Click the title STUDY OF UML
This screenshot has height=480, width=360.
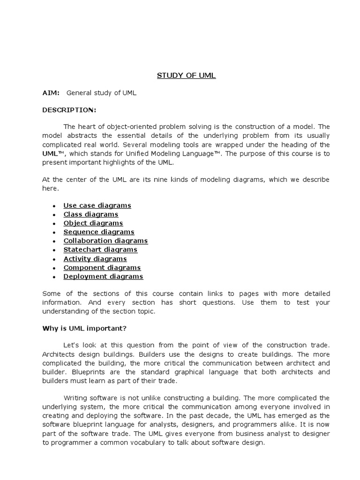[186, 76]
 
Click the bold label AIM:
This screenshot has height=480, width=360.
[51, 93]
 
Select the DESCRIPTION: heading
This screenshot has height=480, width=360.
[69, 110]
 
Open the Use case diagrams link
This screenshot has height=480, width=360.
[97, 205]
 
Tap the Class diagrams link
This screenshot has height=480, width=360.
[91, 214]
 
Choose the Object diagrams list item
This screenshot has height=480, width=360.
[93, 223]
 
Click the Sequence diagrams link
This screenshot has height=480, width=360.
[99, 232]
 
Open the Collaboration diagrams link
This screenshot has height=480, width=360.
[105, 241]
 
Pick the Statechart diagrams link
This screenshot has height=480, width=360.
[100, 250]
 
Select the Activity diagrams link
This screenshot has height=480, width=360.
[95, 259]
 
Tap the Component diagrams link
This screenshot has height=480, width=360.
[102, 268]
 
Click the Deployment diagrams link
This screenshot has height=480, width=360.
[103, 277]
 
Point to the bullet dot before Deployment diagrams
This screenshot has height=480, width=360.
[54, 277]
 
